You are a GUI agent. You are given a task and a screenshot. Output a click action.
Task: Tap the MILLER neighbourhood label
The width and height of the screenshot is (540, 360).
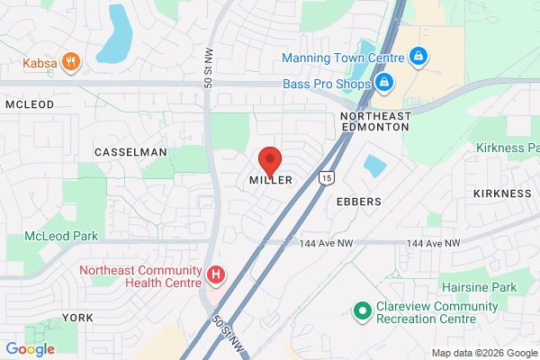tap(270, 181)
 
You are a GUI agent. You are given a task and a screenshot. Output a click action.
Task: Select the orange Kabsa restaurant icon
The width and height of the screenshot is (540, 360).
tap(73, 62)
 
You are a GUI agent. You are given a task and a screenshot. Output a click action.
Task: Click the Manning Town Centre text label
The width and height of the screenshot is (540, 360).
tap(341, 58)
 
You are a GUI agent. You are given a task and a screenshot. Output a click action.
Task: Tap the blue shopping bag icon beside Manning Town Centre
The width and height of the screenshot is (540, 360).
tap(417, 58)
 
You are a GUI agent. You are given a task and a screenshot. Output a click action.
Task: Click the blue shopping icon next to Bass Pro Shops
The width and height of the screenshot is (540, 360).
tap(384, 84)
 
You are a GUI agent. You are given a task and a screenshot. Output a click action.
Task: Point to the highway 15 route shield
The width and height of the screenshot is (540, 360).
tap(327, 176)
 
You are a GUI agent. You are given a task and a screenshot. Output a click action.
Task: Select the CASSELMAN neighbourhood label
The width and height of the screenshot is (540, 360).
tap(130, 152)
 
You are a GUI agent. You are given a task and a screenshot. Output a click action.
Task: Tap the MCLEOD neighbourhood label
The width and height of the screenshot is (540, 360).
tap(30, 104)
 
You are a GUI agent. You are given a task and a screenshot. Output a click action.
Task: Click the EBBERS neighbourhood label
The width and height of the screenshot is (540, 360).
tap(358, 202)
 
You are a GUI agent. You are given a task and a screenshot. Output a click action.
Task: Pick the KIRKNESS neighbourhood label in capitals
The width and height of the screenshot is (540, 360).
tap(502, 193)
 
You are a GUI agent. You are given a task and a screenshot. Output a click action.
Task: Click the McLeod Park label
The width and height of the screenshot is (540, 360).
tap(61, 236)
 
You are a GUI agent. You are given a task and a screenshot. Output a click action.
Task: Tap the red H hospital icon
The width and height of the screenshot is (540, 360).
tap(216, 274)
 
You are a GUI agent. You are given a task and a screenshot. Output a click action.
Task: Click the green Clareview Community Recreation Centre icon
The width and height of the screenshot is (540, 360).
tap(362, 310)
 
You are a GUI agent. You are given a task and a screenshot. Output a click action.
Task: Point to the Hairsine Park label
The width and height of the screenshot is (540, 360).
tap(480, 286)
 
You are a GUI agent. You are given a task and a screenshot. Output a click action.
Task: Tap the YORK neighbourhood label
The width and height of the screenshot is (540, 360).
tap(78, 318)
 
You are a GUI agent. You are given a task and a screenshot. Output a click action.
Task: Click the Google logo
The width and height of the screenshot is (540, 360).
tap(30, 349)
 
